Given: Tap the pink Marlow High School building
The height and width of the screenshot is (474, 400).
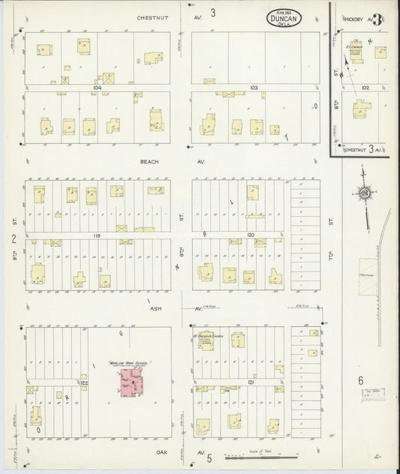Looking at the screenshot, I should [x=131, y=384].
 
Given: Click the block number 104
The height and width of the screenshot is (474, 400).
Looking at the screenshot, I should [x=96, y=88].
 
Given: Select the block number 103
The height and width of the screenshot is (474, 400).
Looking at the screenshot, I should [x=254, y=88].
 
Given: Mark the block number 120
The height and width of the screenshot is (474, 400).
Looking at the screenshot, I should [x=251, y=235].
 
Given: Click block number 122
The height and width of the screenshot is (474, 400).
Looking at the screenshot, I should [x=85, y=382].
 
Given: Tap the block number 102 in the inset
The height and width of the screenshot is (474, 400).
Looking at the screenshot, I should [x=365, y=87].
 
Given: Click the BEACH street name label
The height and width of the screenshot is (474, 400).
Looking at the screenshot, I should [x=146, y=161].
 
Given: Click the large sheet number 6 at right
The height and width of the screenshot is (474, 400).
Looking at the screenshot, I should [x=361, y=380].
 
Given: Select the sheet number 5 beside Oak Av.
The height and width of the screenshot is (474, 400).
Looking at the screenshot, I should [x=209, y=457].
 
